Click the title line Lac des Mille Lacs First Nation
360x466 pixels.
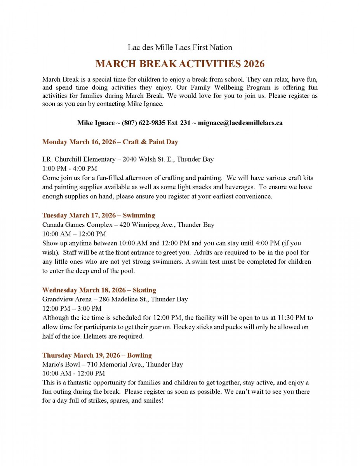180,47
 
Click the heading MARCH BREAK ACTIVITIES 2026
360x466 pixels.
180,64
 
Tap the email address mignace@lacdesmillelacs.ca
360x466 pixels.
240,123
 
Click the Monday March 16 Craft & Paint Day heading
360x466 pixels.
110,142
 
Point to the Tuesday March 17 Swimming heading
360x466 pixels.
98,215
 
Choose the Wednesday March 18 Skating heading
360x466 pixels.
99,290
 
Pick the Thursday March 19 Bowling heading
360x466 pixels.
97,355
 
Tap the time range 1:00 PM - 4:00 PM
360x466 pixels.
70,169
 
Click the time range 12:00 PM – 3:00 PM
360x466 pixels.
72,308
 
